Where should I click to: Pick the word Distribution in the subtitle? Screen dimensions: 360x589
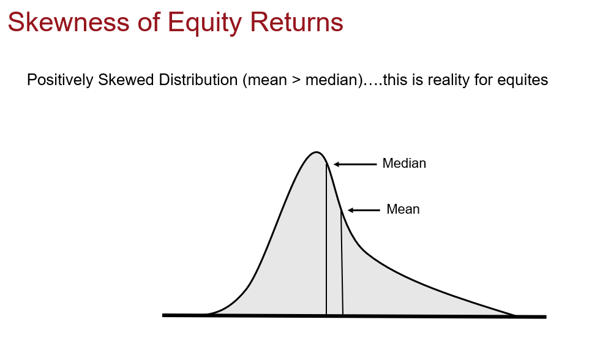189,80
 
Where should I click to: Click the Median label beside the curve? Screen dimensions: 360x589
403,164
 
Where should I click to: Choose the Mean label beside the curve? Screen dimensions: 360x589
403,209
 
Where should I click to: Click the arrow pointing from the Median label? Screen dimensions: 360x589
355,164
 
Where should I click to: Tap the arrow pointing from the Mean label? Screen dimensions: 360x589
364,210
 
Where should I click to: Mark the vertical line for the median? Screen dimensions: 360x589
326,245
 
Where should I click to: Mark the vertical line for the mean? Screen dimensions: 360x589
342,263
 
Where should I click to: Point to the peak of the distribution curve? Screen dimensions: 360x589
316,152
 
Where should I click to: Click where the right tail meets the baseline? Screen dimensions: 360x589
514,315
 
